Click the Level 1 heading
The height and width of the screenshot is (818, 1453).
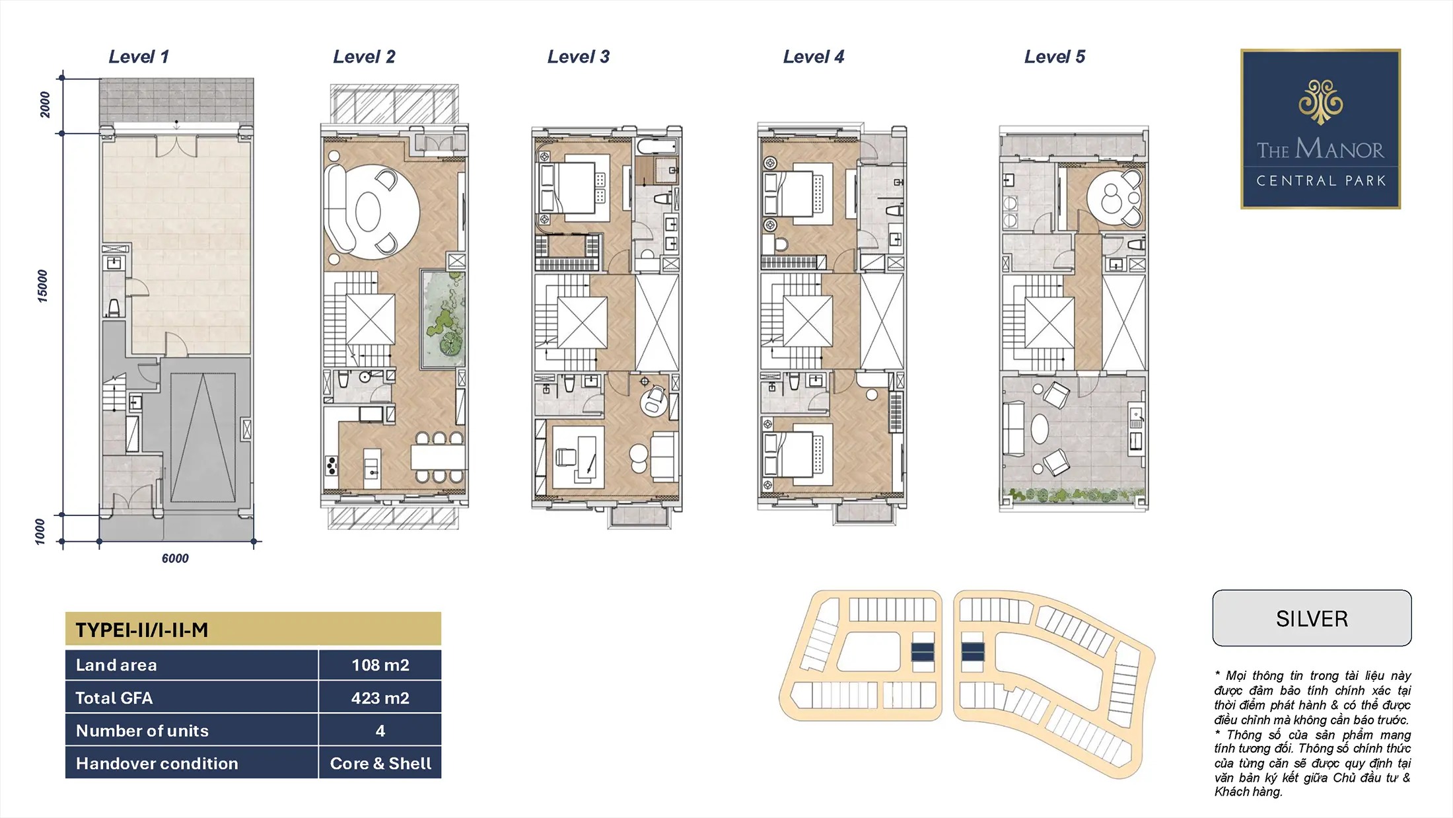click(x=139, y=57)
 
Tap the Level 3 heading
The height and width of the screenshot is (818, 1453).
click(x=579, y=57)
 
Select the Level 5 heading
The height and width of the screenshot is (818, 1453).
click(x=1055, y=57)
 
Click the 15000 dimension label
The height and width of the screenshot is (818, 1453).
click(x=42, y=286)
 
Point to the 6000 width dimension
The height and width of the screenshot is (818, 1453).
click(x=175, y=558)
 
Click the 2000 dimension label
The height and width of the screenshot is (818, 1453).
click(x=44, y=104)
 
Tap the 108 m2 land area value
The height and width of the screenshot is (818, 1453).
click(x=380, y=665)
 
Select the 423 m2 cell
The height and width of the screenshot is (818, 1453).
click(x=380, y=698)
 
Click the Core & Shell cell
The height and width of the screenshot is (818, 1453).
click(x=380, y=763)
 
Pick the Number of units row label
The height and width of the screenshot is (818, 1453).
click(x=142, y=731)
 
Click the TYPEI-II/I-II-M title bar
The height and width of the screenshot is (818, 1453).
click(x=253, y=628)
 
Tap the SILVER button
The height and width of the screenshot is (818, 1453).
click(x=1312, y=618)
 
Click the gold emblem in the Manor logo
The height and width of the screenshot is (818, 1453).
click(x=1320, y=102)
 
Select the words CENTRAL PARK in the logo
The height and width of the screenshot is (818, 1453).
click(x=1321, y=181)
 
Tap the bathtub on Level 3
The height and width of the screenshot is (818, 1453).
click(x=657, y=147)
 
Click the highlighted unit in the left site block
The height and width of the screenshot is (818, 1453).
click(x=923, y=652)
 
